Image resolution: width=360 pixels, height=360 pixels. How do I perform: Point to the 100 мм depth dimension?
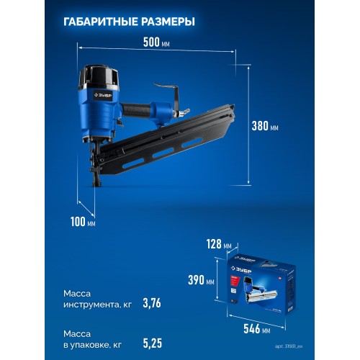point(83,222)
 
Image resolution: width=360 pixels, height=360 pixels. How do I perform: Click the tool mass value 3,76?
point(151,302)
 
